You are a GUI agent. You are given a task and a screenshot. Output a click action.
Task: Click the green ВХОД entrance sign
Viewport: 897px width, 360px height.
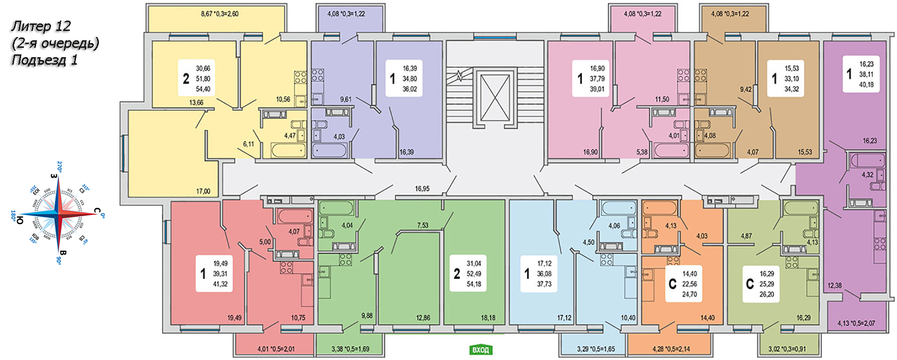480,350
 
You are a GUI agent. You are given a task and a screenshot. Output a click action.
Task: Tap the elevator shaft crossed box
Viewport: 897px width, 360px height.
495,98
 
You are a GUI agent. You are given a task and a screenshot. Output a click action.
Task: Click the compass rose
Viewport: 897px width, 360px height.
58,214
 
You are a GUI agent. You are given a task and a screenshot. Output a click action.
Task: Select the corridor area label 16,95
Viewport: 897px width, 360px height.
422,188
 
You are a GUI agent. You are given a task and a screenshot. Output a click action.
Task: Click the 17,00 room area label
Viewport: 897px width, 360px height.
203,191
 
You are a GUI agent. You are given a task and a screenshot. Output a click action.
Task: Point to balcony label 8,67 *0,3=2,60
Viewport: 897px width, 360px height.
219,14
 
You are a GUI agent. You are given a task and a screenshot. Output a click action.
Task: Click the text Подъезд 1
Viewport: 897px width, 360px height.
45,60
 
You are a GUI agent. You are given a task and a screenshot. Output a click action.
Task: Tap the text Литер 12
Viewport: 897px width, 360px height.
41,26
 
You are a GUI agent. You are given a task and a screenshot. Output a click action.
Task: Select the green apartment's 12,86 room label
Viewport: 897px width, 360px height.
423,318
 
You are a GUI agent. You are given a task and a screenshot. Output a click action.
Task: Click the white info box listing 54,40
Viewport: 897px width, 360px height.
196,78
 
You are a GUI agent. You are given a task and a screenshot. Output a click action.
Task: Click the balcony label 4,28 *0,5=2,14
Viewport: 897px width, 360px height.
671,349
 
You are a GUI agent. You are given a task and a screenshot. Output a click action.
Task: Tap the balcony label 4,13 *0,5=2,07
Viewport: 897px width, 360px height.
856,323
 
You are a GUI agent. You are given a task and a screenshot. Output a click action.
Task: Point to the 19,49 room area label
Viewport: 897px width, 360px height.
234,318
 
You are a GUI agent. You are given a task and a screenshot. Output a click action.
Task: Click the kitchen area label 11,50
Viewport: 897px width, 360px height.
662,99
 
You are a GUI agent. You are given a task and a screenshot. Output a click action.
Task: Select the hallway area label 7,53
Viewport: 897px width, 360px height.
422,225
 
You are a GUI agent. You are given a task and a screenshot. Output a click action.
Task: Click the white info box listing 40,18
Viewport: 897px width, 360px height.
860,74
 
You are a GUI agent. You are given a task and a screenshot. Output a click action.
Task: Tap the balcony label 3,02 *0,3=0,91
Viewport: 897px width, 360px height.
787,349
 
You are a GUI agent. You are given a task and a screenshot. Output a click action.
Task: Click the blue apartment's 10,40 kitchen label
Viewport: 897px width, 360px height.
628,318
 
